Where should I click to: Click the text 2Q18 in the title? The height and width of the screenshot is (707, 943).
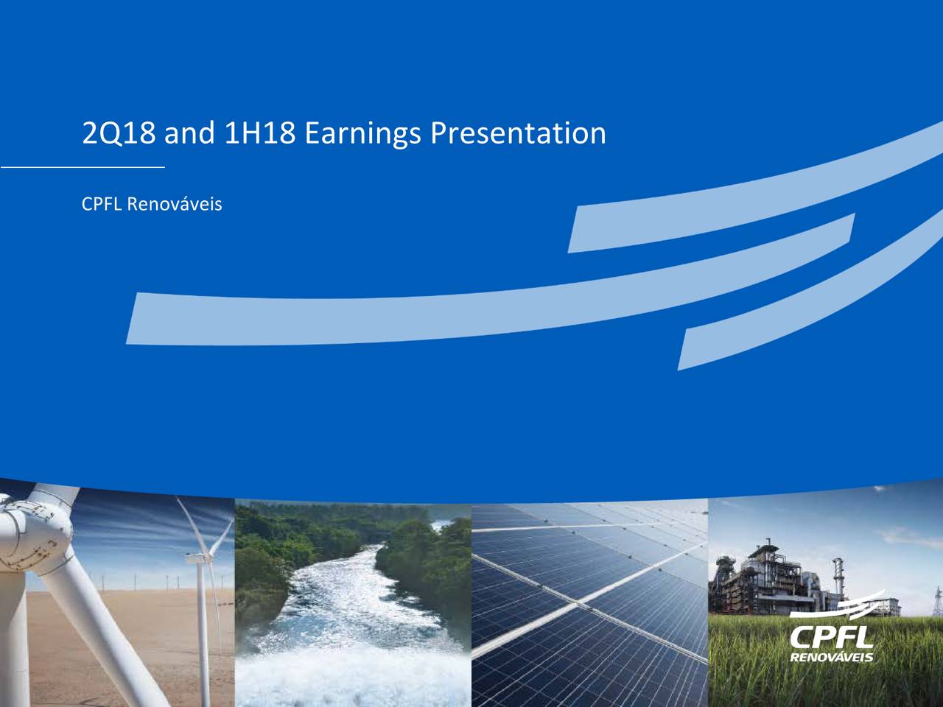[x=119, y=133]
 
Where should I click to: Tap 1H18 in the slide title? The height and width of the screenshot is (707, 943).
[x=259, y=133]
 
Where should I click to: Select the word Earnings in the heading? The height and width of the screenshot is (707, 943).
[x=363, y=134]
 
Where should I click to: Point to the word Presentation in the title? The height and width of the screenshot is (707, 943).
[x=518, y=133]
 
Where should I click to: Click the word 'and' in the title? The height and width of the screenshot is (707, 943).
[x=189, y=133]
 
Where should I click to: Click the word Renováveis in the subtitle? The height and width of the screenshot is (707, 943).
[x=175, y=204]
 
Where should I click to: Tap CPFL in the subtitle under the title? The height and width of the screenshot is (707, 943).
[x=102, y=204]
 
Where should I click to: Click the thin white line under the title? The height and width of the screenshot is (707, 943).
[x=83, y=167]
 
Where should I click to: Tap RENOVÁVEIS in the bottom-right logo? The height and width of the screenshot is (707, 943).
[x=832, y=657]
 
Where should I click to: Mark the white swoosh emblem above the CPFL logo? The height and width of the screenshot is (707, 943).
[x=838, y=607]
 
